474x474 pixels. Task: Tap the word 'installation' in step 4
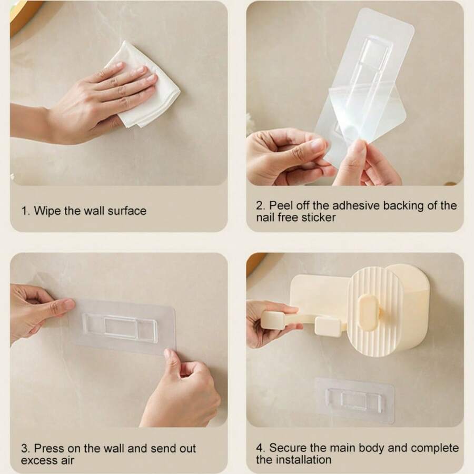pyautogui.click(x=302, y=460)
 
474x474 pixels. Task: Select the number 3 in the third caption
pyautogui.click(x=24, y=449)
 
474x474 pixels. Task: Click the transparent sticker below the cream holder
pyautogui.click(x=354, y=400)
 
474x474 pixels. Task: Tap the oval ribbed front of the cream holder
pyautogui.click(x=374, y=311)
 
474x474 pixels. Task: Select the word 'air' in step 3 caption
pyautogui.click(x=67, y=460)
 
